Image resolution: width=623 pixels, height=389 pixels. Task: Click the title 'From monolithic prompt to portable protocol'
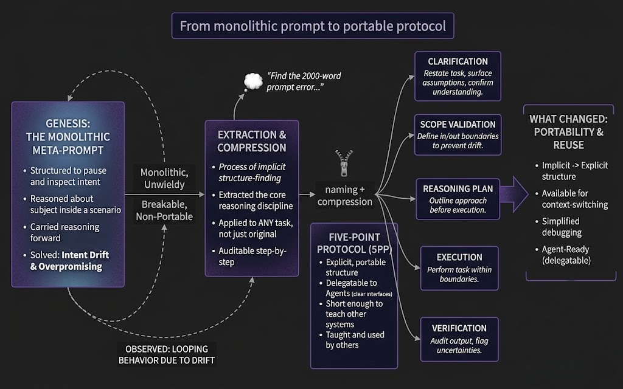coord(313,26)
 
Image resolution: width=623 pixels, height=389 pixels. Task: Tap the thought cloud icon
coord(251,82)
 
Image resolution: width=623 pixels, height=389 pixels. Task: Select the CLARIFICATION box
coord(458,76)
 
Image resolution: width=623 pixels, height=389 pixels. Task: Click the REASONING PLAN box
coord(458,199)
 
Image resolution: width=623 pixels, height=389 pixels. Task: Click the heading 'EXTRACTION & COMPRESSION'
coord(252,142)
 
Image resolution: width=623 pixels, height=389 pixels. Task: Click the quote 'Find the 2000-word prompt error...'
coord(304,81)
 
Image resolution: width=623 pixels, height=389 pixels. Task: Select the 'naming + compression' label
coord(345,196)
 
